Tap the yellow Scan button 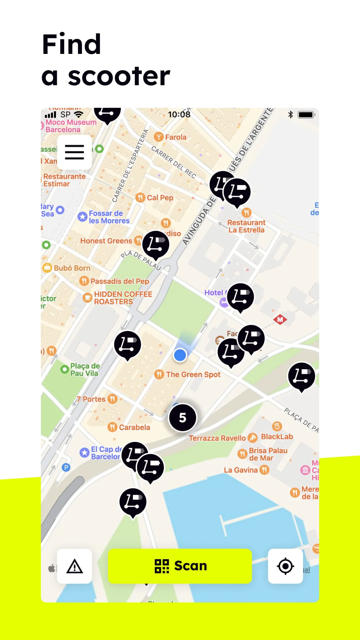click(180, 566)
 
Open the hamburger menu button click(74, 152)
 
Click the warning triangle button click(74, 566)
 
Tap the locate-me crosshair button click(286, 566)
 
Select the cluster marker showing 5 click(183, 418)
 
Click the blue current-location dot click(180, 355)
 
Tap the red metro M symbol click(280, 320)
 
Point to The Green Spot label click(193, 374)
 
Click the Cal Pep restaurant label click(160, 198)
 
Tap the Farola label click(175, 137)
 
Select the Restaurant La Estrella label click(246, 226)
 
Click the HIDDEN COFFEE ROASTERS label click(123, 298)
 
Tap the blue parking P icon click(66, 467)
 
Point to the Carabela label click(134, 427)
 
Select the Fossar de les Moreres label click(109, 217)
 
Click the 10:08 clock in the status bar click(179, 114)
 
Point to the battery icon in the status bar click(306, 114)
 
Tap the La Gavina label click(241, 470)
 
